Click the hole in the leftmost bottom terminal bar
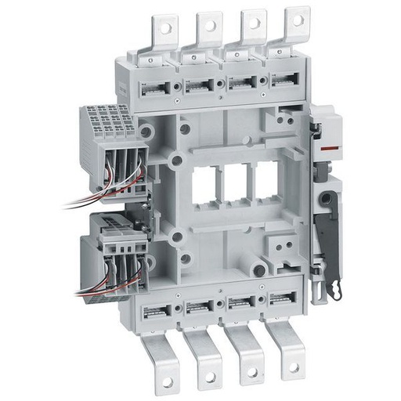[x=167, y=381]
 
